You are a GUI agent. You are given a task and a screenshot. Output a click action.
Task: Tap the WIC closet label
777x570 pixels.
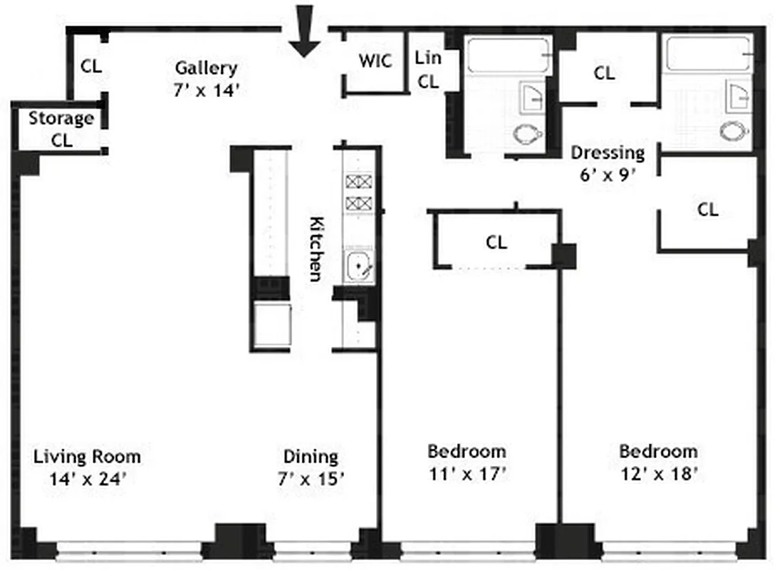[x=375, y=61]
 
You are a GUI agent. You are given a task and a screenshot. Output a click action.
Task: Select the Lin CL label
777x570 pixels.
[x=427, y=70]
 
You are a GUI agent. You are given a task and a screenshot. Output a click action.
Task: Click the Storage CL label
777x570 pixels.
[x=61, y=129]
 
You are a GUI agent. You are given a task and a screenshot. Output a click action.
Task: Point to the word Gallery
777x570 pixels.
[x=206, y=68]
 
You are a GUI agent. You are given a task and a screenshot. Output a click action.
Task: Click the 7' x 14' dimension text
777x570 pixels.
[x=206, y=90]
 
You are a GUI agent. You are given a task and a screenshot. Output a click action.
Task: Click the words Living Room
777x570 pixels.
[x=87, y=457]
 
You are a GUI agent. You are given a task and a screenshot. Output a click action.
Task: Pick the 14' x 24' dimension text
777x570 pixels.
[x=87, y=480]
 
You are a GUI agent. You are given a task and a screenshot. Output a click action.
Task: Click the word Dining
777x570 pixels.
[x=311, y=457]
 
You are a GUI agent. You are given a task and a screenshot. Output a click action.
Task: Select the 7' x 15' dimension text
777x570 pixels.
[x=311, y=480]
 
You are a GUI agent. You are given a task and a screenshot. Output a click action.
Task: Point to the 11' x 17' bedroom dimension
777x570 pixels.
[x=466, y=473]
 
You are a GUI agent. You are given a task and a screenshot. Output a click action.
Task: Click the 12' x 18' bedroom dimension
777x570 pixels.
[x=658, y=473]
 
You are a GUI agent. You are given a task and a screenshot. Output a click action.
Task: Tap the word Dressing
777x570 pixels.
[x=607, y=152]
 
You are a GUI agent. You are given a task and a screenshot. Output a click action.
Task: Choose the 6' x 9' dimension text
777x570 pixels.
[x=607, y=175]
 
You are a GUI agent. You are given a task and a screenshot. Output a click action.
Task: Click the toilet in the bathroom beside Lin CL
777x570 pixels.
[x=528, y=133]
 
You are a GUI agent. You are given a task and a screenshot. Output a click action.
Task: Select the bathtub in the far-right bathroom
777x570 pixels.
[x=709, y=53]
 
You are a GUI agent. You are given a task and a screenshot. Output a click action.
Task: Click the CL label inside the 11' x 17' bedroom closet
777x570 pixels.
[x=496, y=242]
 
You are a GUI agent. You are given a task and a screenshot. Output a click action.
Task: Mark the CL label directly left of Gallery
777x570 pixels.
[x=91, y=66]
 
